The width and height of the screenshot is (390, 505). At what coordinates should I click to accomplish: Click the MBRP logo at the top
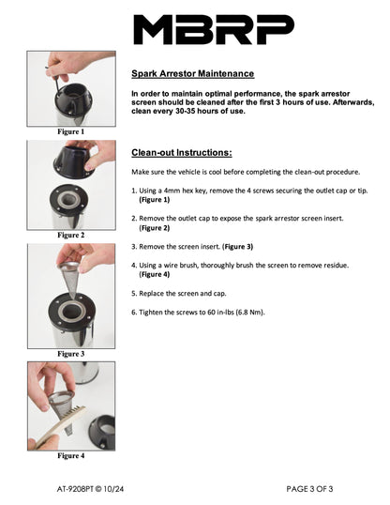click(x=214, y=29)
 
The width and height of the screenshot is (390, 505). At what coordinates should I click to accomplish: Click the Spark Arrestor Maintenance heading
click(x=193, y=73)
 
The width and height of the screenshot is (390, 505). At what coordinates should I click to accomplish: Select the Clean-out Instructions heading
click(x=182, y=152)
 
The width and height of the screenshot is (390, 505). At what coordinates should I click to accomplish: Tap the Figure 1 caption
click(x=71, y=131)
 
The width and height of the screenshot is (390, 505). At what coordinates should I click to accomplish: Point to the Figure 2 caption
click(x=71, y=235)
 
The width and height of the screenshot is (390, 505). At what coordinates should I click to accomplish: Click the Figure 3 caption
click(x=71, y=354)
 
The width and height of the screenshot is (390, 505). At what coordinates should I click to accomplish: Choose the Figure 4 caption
click(x=71, y=456)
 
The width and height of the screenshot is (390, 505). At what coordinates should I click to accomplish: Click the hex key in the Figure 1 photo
click(x=55, y=81)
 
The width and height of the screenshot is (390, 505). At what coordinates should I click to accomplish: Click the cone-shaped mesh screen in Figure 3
click(x=69, y=277)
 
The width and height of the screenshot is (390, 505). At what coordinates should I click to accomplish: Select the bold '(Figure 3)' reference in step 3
click(x=238, y=247)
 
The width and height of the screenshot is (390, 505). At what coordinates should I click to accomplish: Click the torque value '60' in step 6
click(x=211, y=312)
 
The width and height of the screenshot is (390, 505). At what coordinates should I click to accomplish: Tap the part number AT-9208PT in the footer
click(x=75, y=489)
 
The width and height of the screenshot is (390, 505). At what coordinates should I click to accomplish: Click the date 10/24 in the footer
click(x=113, y=489)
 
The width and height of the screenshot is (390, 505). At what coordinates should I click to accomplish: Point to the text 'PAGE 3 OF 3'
click(x=309, y=489)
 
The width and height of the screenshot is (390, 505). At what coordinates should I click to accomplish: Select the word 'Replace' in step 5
click(x=151, y=294)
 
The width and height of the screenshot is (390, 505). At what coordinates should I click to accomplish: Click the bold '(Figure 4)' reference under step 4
click(x=155, y=274)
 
